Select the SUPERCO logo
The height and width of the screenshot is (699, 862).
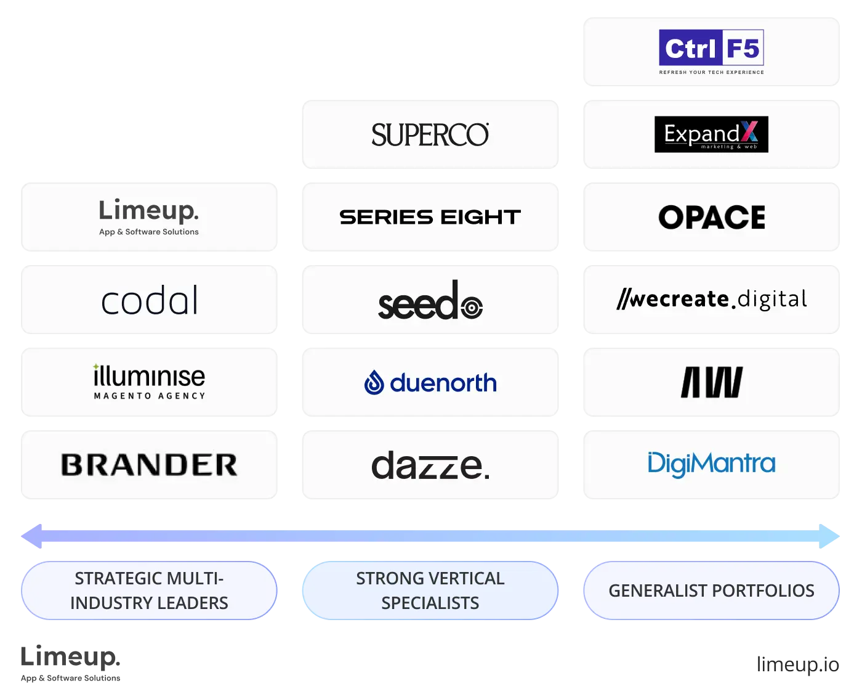(x=430, y=135)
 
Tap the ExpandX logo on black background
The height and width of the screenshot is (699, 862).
(x=711, y=134)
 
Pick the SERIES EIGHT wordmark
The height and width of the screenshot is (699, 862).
(x=430, y=217)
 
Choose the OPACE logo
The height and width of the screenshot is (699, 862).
(x=711, y=217)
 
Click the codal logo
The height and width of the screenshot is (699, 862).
(x=150, y=300)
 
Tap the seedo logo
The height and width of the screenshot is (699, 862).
(x=430, y=301)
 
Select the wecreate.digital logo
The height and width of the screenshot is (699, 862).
(x=711, y=300)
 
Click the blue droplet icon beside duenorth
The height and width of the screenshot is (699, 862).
(x=374, y=383)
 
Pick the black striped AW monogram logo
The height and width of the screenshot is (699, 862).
(x=711, y=382)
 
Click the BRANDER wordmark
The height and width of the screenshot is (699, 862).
(x=149, y=465)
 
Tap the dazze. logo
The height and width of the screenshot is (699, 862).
(x=430, y=465)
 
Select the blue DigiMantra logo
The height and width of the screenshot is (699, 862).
(x=711, y=464)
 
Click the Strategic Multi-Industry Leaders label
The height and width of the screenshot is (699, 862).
(x=149, y=591)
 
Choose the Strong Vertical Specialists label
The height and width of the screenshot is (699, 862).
(x=430, y=591)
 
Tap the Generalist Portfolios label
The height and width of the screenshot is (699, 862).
(x=711, y=591)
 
